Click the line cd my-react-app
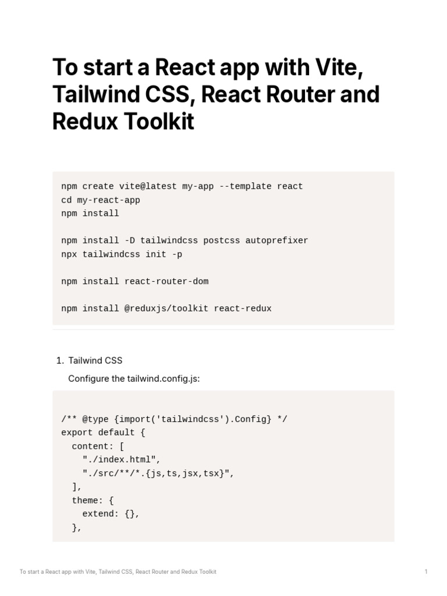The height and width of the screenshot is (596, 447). pyautogui.click(x=101, y=200)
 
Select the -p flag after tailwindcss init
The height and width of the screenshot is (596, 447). pyautogui.click(x=177, y=254)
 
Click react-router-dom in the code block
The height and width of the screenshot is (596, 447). pyautogui.click(x=166, y=281)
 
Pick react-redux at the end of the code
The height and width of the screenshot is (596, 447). pyautogui.click(x=243, y=308)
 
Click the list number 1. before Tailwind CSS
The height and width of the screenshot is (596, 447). pyautogui.click(x=60, y=361)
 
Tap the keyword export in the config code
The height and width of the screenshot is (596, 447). pyautogui.click(x=77, y=432)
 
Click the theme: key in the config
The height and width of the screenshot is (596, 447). pyautogui.click(x=87, y=501)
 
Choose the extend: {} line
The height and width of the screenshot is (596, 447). pyautogui.click(x=111, y=514)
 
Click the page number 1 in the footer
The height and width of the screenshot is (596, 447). pyautogui.click(x=426, y=572)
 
